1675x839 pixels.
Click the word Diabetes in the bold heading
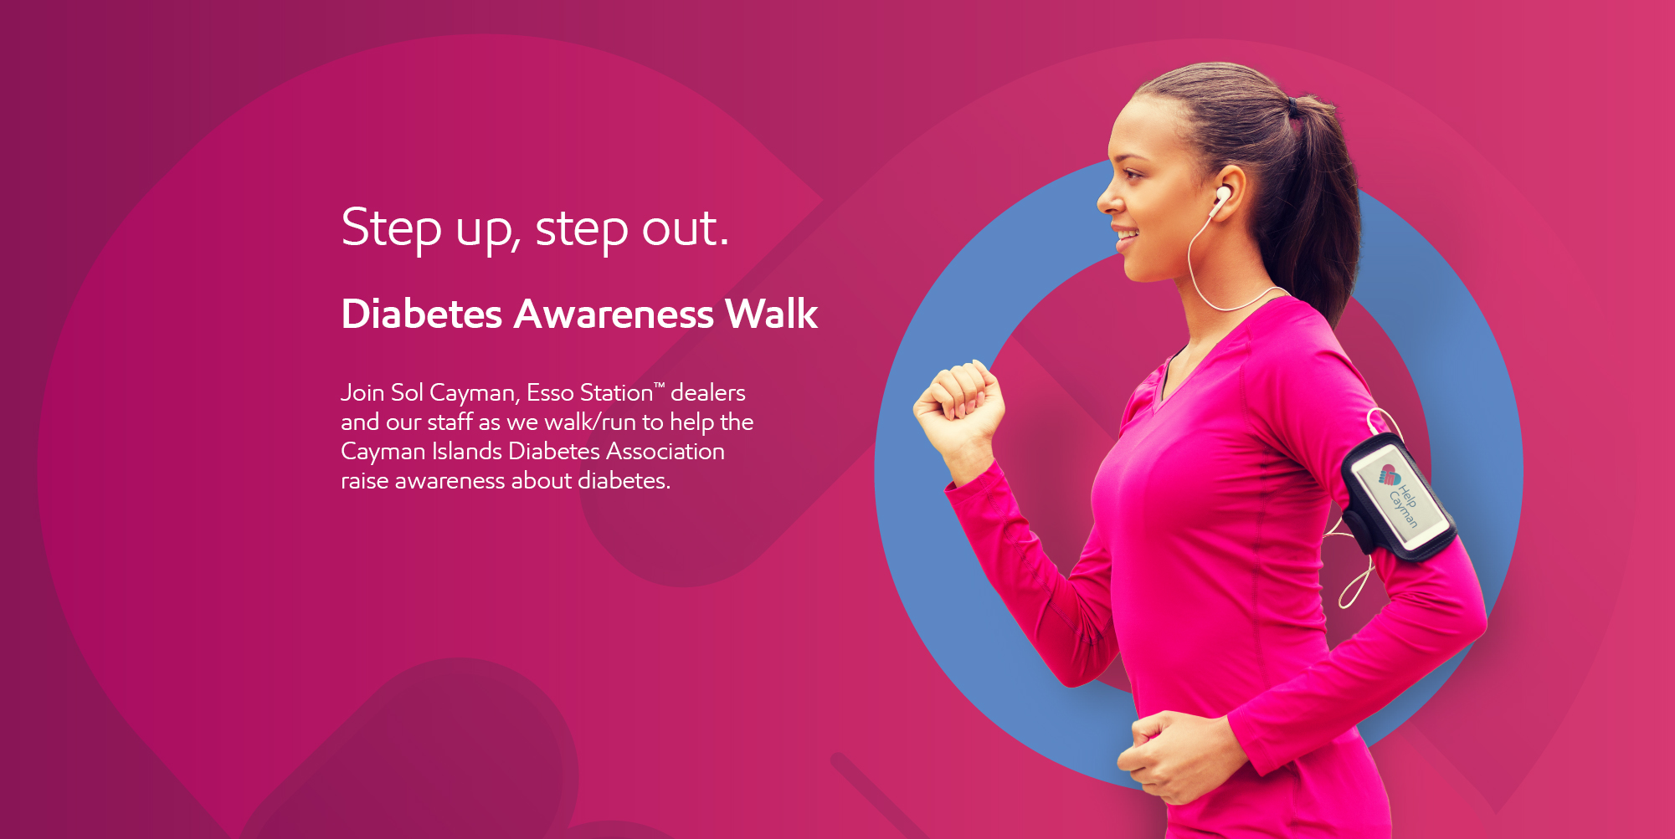422,315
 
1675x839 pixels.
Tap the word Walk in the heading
771,314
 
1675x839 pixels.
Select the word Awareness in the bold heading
614,315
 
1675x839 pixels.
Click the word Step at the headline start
391,228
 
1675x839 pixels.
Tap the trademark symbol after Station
659,385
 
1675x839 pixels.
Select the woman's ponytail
1318,201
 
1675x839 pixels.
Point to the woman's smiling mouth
1126,237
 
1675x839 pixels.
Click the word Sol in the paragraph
407,392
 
